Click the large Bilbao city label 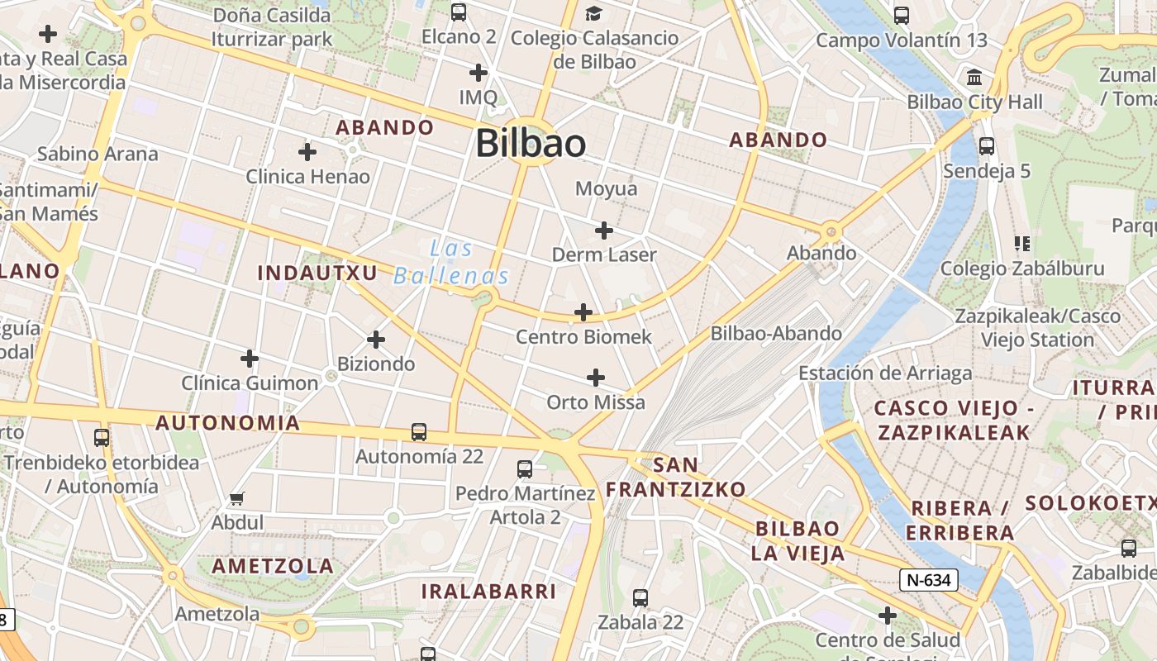click(531, 143)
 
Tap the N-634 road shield click(929, 580)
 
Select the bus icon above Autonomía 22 click(419, 431)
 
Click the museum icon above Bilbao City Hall click(974, 78)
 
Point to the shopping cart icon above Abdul click(237, 498)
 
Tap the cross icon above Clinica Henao click(307, 152)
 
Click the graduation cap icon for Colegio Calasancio click(593, 13)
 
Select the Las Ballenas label click(451, 263)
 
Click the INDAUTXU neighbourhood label click(317, 273)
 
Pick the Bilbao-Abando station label click(776, 334)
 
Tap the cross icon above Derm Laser click(604, 231)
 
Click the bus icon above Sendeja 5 click(986, 146)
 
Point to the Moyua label click(607, 189)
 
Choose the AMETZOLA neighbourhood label click(273, 566)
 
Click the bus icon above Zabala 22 click(640, 597)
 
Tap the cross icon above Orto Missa click(596, 378)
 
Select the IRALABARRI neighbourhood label click(488, 592)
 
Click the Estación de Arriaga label click(885, 373)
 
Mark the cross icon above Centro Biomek click(583, 312)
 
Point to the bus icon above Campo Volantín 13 click(902, 15)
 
